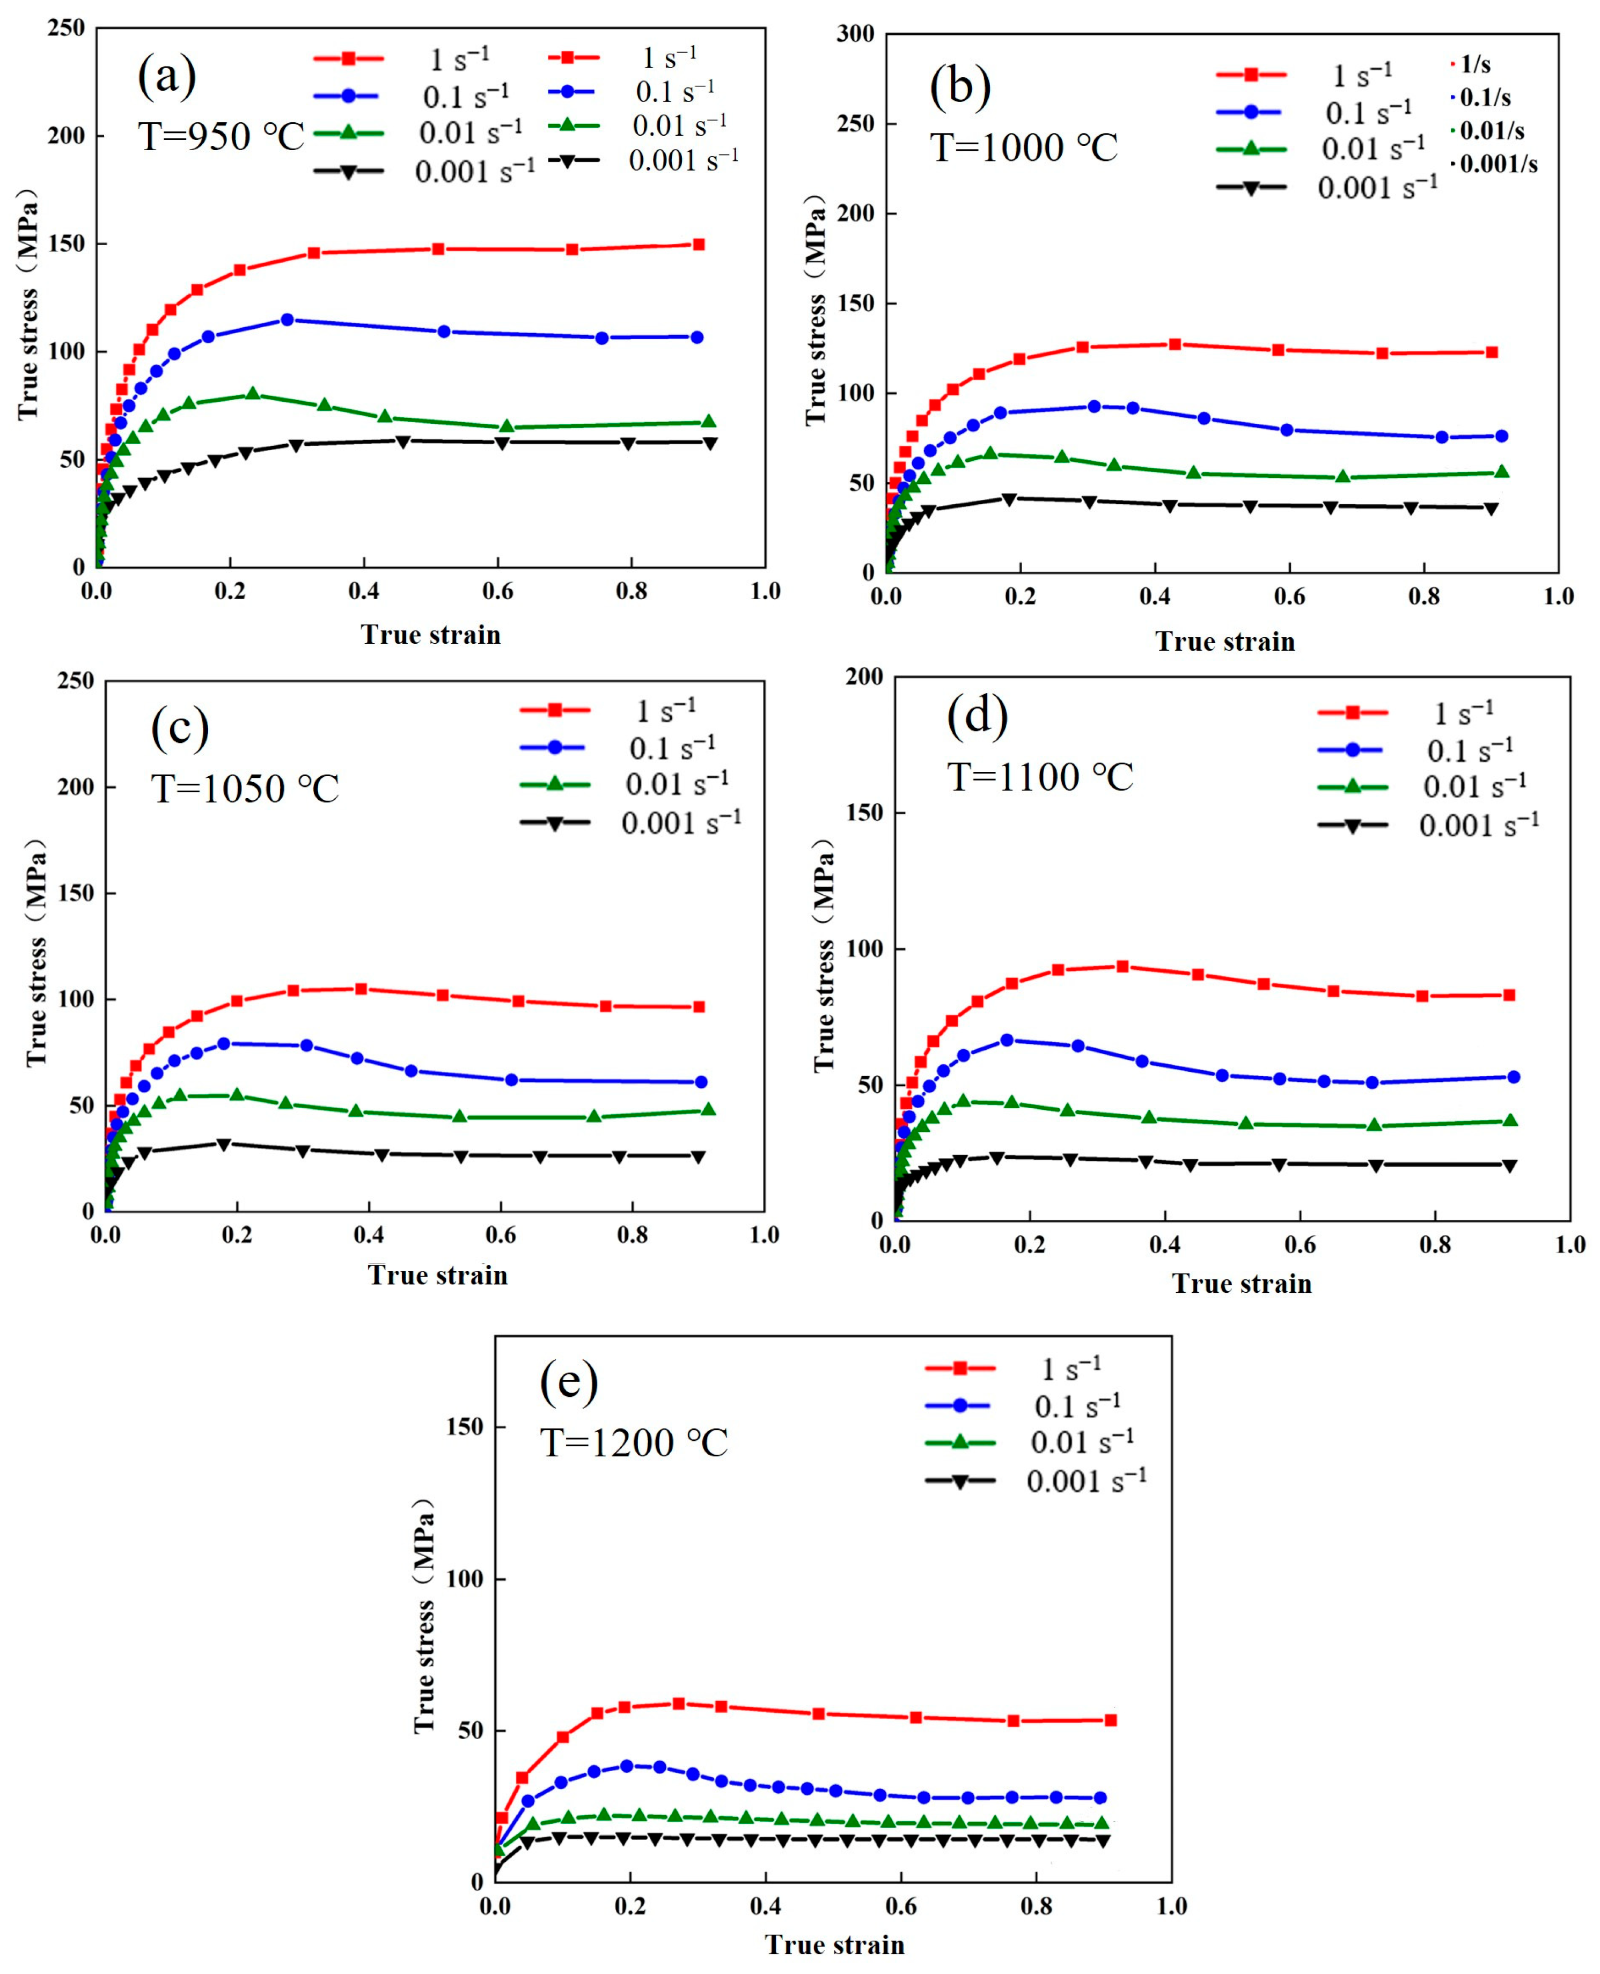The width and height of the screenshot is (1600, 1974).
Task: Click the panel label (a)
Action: pyautogui.click(x=167, y=77)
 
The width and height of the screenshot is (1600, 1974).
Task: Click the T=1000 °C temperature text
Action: pyautogui.click(x=1024, y=148)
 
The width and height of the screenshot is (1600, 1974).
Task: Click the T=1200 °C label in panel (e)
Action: pyautogui.click(x=634, y=1442)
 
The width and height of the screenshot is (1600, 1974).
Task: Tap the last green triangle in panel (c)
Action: pyautogui.click(x=708, y=1109)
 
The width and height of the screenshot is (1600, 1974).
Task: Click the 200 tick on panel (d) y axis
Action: pyautogui.click(x=864, y=676)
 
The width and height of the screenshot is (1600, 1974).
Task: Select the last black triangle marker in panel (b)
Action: pyautogui.click(x=1491, y=509)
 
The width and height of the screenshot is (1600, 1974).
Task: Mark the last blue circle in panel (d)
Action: pyautogui.click(x=1513, y=1077)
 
